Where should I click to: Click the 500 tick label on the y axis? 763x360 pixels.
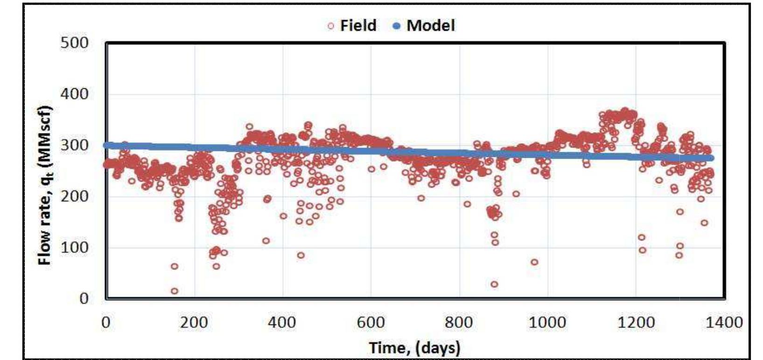[74, 43]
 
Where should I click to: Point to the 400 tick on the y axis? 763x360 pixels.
[74, 94]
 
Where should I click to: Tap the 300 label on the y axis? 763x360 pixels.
[74, 145]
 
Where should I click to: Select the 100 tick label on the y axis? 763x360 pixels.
[74, 247]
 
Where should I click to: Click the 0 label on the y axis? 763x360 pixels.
[84, 298]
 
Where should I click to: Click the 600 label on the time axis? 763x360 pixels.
[371, 322]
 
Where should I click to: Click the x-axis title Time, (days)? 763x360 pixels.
[415, 347]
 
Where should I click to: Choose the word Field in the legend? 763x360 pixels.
[358, 25]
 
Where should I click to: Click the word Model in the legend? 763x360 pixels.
[430, 25]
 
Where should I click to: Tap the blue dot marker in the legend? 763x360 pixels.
[397, 26]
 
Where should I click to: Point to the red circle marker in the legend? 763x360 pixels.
[331, 26]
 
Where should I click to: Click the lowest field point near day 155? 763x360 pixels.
[174, 291]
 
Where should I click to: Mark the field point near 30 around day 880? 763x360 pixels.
[494, 284]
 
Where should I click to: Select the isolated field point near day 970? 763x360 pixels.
[534, 262]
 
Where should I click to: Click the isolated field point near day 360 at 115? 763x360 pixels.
[266, 240]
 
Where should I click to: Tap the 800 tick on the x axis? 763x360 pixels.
[459, 322]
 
